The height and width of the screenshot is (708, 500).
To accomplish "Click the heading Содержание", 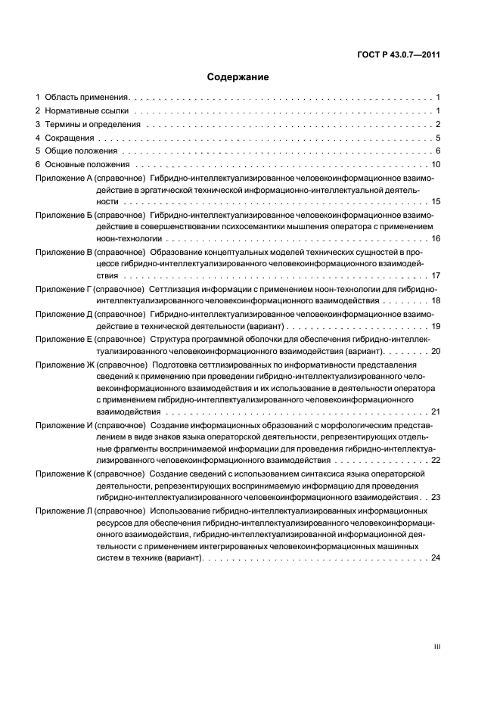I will [238, 77].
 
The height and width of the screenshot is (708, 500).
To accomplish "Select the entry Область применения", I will [87, 98].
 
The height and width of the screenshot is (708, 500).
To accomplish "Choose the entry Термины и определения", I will [92, 125].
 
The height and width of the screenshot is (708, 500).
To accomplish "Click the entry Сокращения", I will [70, 138].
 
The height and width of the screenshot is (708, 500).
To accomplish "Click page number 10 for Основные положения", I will [436, 166].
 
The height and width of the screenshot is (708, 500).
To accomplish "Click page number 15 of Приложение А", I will [436, 203].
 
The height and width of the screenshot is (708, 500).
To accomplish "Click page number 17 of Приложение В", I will [436, 276].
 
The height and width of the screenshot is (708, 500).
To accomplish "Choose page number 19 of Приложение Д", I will [436, 326].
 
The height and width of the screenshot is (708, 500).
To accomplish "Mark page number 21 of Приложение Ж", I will [436, 412].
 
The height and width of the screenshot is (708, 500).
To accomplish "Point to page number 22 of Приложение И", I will [436, 460].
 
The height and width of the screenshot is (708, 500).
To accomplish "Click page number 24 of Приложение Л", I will [436, 558].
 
